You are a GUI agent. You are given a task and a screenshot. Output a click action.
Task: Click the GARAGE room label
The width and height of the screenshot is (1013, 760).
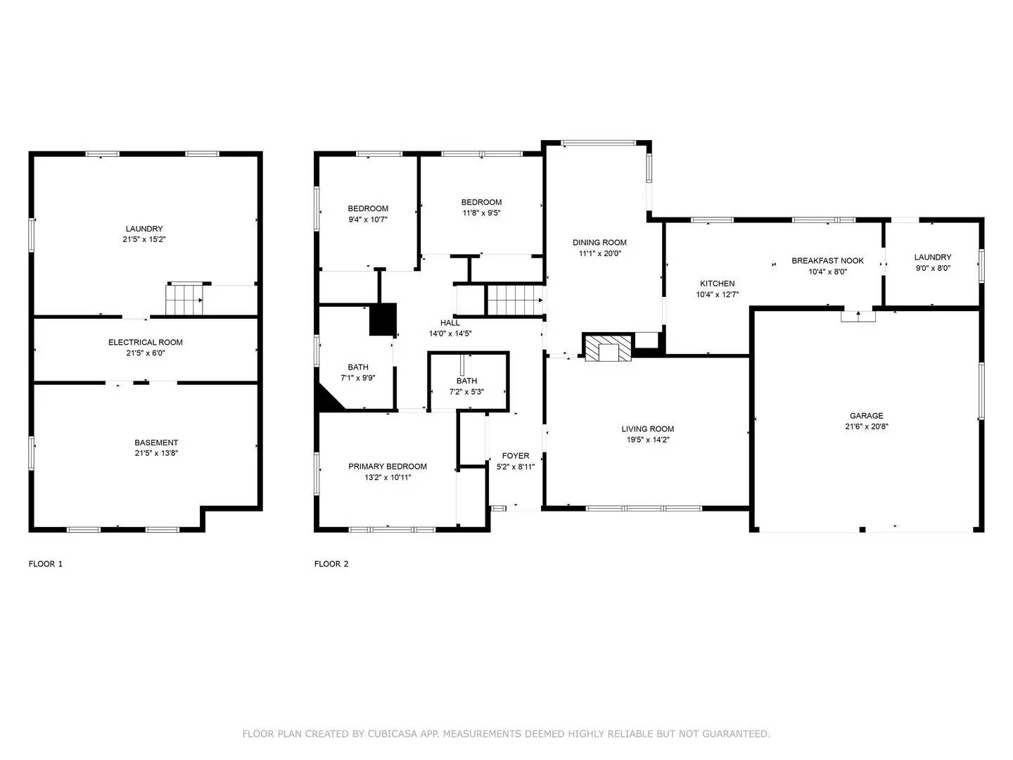[x=866, y=416]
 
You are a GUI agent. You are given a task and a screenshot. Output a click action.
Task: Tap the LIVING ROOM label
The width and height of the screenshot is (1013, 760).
[x=647, y=429]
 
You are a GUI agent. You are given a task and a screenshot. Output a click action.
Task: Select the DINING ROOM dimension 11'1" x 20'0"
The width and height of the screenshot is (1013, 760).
[x=599, y=254]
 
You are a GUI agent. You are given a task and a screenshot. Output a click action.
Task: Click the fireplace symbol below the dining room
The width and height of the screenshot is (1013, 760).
[x=607, y=348]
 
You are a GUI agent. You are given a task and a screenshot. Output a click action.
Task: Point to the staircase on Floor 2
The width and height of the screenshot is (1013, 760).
[x=516, y=300]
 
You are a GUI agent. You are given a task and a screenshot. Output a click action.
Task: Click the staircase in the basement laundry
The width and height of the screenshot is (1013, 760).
[x=185, y=300]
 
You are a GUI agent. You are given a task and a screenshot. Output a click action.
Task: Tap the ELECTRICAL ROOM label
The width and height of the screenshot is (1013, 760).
[x=146, y=343]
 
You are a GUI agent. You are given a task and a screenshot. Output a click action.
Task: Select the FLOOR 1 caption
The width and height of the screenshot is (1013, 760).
[x=46, y=564]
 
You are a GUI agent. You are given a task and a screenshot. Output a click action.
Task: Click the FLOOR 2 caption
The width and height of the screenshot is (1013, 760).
[x=331, y=564]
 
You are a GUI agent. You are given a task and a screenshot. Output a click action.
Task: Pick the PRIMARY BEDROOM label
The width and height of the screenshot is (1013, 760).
[x=388, y=467]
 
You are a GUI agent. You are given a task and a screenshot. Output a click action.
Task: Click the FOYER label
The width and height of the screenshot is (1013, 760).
[x=516, y=456]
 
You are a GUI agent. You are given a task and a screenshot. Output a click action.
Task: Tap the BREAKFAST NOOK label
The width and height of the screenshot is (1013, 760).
[x=827, y=261]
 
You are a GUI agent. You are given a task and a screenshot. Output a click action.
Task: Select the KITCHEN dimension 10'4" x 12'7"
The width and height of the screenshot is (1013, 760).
[x=717, y=295]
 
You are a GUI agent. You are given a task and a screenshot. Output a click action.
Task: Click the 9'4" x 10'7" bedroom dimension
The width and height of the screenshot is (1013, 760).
[x=368, y=220]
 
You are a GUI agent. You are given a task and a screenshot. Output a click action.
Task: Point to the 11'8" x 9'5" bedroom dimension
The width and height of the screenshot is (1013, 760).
[x=482, y=213]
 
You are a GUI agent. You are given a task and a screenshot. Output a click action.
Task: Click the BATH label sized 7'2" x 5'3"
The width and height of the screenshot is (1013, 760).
[x=466, y=381]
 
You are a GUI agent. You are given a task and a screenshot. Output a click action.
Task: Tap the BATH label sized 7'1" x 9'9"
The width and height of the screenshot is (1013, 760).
[x=358, y=367]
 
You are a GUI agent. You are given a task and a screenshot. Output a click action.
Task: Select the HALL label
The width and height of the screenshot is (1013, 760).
[x=450, y=323]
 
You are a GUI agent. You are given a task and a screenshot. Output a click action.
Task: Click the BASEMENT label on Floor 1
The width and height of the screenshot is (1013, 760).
[x=156, y=443]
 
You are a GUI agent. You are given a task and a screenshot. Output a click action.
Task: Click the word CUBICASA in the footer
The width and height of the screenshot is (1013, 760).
[x=390, y=734]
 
